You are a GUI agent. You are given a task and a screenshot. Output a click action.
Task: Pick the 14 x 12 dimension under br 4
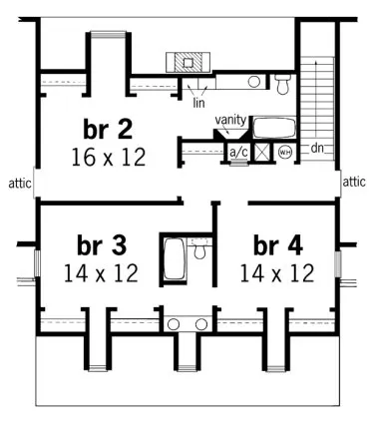[x=276, y=271]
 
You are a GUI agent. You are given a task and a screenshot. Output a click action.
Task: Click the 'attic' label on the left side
[x=17, y=183]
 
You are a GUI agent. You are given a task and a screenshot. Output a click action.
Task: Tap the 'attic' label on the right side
[x=354, y=183]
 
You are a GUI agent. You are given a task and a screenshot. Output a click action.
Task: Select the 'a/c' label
[x=238, y=153]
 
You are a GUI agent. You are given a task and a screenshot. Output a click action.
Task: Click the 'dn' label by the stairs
[x=317, y=149]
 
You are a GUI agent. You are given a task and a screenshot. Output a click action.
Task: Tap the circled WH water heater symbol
[x=285, y=153]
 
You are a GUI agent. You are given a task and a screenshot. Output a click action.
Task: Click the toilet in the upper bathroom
[x=282, y=81]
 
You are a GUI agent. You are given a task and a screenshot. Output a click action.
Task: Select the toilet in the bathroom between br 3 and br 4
[x=199, y=251]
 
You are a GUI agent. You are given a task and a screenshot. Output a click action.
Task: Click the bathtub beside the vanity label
[x=270, y=128]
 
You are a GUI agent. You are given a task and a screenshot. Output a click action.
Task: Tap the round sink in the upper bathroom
[x=254, y=82]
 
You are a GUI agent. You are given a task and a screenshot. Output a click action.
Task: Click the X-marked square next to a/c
[x=262, y=153]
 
